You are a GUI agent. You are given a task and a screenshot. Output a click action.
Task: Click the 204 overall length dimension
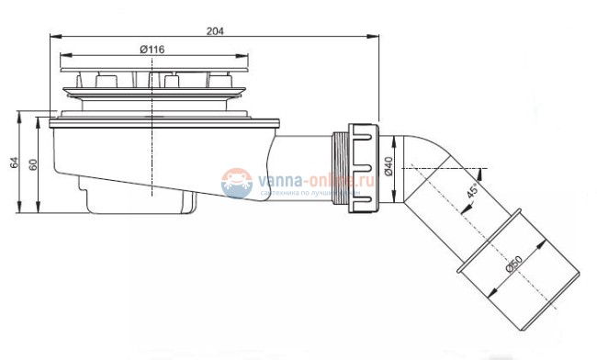215,30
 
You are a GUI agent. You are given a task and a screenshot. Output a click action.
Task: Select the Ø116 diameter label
152,50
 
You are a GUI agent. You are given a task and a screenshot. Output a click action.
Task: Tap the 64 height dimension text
14,163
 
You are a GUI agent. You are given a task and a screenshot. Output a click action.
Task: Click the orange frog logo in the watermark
237,183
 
